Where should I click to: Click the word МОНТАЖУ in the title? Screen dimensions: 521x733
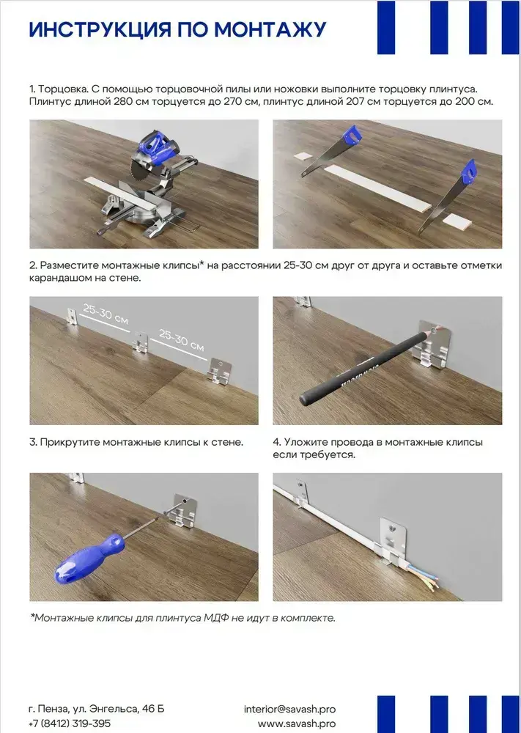click(x=270, y=29)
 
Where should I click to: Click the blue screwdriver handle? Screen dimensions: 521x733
click(x=88, y=559)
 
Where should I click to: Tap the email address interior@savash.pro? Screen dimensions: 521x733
click(x=289, y=709)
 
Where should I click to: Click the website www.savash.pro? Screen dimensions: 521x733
click(x=297, y=723)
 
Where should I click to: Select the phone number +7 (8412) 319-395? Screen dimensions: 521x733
click(x=70, y=723)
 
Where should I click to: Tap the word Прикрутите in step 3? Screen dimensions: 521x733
click(x=69, y=442)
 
